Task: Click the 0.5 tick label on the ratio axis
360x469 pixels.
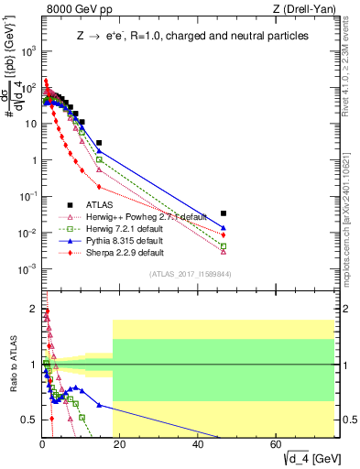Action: click(x=28, y=420)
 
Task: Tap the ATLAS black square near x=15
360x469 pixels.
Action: click(x=99, y=143)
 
